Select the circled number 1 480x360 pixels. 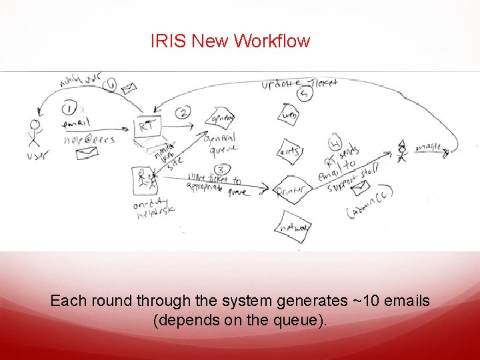(70, 108)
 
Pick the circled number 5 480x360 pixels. (305, 95)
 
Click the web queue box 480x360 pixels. (288, 115)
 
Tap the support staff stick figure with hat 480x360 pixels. (401, 149)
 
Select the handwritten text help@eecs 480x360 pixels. (90, 139)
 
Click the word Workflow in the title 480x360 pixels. (273, 41)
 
